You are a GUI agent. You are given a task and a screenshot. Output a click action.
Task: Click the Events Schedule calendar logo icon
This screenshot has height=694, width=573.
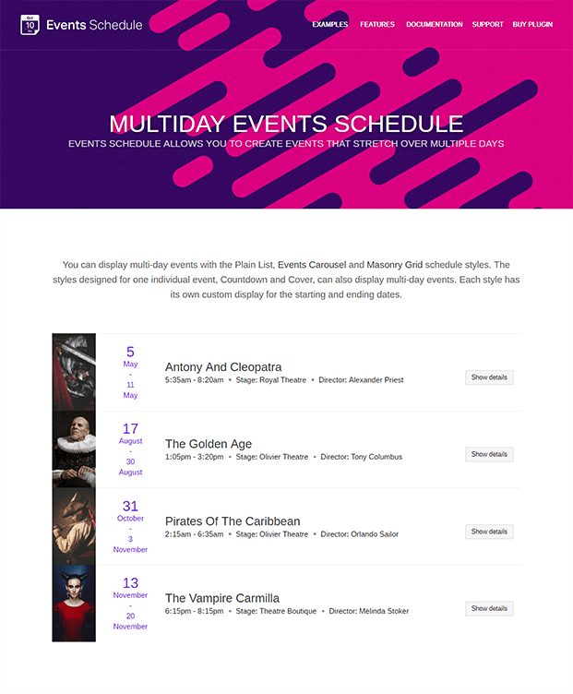30,25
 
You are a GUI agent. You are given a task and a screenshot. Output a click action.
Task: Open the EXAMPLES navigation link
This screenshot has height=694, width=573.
330,25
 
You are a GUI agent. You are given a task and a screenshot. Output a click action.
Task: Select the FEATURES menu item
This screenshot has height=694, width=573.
377,25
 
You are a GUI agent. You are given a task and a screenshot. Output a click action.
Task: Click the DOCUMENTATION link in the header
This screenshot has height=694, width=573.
435,25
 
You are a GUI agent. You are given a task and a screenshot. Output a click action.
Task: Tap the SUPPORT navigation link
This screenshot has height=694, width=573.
488,25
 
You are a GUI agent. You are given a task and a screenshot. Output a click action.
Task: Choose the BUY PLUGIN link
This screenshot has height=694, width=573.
532,25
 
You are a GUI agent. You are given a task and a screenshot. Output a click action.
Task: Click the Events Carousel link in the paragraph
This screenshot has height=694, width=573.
312,265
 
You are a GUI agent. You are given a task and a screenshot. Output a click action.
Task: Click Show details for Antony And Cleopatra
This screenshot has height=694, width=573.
489,377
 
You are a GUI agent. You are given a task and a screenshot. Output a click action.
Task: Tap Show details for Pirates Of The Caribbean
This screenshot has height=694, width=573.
489,532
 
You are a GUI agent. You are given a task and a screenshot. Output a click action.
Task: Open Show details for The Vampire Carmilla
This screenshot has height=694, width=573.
489,608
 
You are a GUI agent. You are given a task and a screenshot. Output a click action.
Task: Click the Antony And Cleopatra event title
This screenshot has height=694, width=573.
223,366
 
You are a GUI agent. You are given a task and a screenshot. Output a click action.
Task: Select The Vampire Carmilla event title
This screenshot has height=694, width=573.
222,598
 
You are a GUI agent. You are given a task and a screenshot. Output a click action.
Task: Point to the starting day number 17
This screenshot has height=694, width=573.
130,428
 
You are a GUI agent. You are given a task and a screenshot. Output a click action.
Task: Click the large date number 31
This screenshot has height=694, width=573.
130,506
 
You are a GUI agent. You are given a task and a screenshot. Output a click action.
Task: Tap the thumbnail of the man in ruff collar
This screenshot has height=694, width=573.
74,449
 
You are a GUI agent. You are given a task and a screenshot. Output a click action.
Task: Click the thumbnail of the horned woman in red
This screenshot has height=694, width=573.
74,604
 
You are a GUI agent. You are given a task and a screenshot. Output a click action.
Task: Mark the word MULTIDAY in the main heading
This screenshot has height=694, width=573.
166,125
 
